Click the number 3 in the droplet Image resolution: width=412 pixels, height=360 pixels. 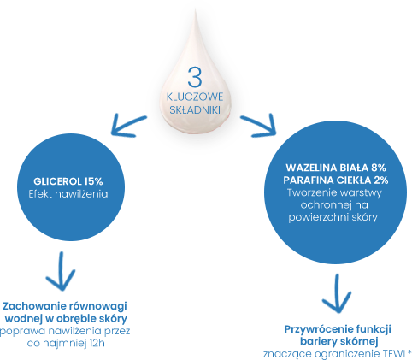pos(195,77)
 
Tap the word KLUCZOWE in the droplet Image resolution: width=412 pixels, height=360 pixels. pos(195,97)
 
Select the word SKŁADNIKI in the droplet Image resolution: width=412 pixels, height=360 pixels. pos(195,109)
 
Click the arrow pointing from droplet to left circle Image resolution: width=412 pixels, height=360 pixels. pos(128,125)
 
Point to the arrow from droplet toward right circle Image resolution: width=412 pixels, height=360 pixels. pos(258,126)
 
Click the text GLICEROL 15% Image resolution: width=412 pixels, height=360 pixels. pos(68,181)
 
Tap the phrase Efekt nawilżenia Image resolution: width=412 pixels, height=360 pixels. pos(68,194)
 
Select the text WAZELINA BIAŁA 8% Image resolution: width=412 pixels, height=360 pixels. pos(336,168)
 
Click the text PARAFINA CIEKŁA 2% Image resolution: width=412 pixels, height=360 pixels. pos(336,180)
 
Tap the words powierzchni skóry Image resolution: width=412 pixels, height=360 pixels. pos(333,217)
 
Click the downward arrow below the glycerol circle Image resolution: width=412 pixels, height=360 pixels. pos(61,271)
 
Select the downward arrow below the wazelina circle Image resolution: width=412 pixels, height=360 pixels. pos(337,293)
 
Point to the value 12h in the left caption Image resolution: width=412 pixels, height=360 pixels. pos(97,343)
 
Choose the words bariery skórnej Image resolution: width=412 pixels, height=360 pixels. pos(338,341)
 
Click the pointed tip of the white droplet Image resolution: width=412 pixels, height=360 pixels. pos(195,9)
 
